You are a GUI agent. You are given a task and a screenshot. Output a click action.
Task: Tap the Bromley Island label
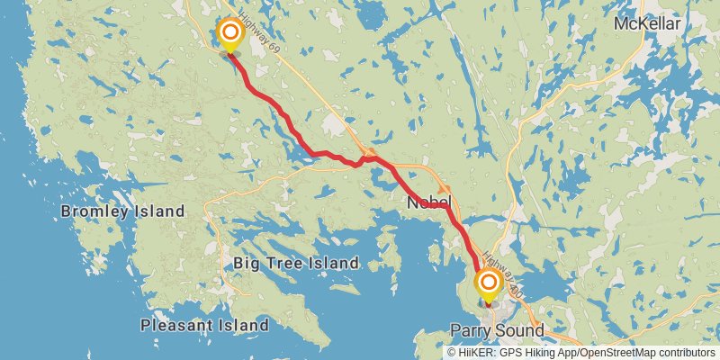coord(122,211)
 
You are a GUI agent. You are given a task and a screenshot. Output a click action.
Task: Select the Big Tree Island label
coord(296,264)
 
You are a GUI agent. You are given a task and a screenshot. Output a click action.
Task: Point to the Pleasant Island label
coord(204,324)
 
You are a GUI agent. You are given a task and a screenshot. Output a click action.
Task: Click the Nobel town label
coord(428,202)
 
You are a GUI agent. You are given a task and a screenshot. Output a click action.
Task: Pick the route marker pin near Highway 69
coord(230,35)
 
